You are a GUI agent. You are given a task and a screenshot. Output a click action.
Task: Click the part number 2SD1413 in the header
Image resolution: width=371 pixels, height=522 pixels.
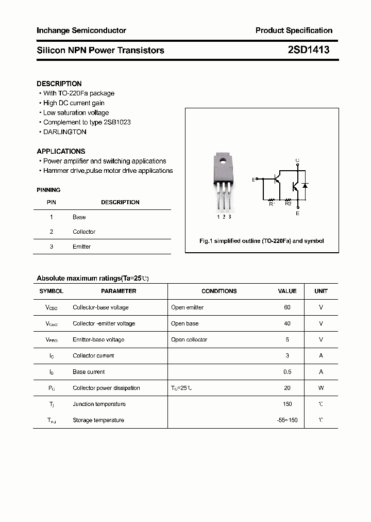(x=308, y=50)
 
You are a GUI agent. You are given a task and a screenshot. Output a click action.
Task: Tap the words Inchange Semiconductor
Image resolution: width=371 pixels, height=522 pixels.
(x=81, y=30)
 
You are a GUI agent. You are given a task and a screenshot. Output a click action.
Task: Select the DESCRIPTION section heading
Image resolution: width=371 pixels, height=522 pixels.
(x=59, y=84)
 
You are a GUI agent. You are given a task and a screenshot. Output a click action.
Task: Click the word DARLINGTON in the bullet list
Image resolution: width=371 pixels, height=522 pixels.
(x=65, y=132)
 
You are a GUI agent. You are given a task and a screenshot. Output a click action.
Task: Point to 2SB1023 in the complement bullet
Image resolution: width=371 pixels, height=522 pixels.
(x=117, y=122)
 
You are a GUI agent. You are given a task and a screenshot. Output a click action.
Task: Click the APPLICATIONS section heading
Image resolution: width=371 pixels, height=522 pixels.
(x=61, y=151)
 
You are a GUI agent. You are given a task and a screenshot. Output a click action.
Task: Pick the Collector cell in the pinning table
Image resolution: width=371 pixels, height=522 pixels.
(x=84, y=232)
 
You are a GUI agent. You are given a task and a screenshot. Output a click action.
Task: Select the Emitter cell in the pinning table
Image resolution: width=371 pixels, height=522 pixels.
(x=81, y=247)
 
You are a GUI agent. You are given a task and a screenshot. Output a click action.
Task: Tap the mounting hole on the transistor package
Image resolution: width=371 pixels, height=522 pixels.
(x=223, y=159)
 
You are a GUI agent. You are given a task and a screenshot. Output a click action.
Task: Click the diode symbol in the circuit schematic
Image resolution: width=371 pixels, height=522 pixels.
(x=305, y=185)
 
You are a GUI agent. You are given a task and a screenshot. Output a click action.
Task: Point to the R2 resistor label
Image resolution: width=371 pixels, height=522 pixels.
(x=288, y=204)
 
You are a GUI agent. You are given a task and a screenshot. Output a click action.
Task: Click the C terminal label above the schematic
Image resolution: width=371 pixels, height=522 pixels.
(x=297, y=160)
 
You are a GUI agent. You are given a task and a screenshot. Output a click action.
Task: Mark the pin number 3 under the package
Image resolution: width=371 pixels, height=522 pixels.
(x=229, y=217)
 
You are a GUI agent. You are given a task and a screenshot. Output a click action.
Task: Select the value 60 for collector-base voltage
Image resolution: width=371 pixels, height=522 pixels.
(x=287, y=307)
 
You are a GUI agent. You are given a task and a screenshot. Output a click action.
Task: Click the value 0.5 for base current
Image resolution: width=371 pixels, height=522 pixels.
(x=287, y=372)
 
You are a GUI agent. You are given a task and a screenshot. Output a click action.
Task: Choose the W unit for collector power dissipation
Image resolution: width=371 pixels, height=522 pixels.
(x=321, y=388)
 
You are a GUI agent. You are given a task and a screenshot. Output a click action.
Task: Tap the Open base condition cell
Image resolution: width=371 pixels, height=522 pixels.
(x=184, y=323)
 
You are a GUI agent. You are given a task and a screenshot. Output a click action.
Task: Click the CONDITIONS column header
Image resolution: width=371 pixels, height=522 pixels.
(x=219, y=291)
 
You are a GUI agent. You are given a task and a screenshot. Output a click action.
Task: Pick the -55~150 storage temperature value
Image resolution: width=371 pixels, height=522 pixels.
(x=287, y=420)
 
